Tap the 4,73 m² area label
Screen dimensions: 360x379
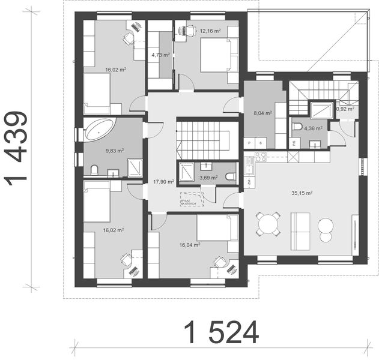pyautogui.click(x=161, y=55)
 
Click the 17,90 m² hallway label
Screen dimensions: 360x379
pyautogui.click(x=163, y=181)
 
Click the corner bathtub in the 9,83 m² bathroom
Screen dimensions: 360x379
pyautogui.click(x=99, y=130)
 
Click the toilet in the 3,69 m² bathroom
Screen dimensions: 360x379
pyautogui.click(x=231, y=175)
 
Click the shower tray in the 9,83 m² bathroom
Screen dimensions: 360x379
pyautogui.click(x=135, y=167)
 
